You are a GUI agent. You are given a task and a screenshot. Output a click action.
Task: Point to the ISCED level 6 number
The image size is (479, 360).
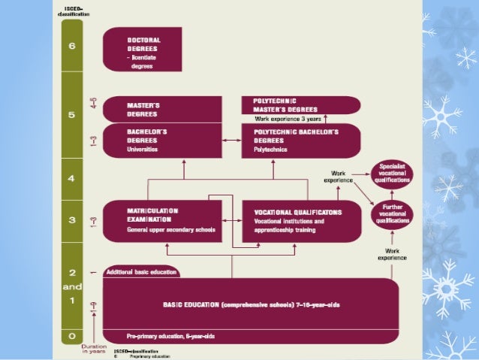point(72,45)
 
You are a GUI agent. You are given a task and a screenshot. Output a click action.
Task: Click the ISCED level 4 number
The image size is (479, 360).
point(72,180)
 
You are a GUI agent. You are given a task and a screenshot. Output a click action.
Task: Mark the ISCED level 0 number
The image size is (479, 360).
point(72,336)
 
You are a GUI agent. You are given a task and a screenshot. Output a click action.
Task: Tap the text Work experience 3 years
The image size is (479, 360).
point(288,118)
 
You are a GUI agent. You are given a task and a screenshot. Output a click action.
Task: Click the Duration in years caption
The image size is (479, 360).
point(94,349)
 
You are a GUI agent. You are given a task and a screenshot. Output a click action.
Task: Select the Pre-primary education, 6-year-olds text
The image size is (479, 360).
point(160,336)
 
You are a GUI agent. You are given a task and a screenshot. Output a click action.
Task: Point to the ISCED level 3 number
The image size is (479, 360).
point(72,220)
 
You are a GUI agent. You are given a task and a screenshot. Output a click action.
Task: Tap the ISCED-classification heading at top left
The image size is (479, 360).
point(71,11)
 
